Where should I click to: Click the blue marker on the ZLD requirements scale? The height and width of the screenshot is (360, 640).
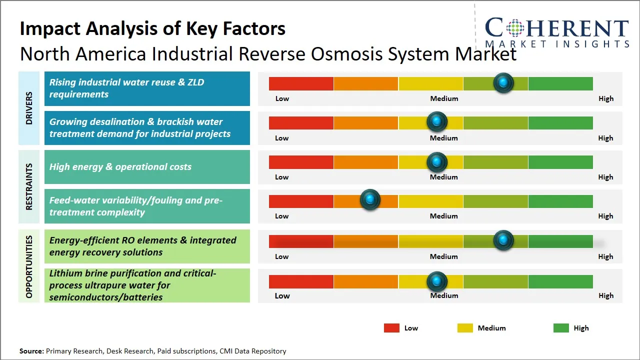tap(503, 83)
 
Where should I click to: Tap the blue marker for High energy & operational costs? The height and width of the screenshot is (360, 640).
tap(437, 162)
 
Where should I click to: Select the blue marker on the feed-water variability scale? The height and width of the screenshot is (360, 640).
tap(370, 200)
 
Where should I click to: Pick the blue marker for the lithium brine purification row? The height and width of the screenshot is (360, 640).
tap(437, 281)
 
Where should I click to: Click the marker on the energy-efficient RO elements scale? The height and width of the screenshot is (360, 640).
tap(503, 240)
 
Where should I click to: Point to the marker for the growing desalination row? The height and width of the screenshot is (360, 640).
tap(437, 121)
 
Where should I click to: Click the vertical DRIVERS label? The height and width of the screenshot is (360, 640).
tap(29, 108)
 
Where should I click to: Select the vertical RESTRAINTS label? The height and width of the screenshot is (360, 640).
tap(29, 186)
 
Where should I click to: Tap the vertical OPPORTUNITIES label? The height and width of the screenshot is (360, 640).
tap(29, 266)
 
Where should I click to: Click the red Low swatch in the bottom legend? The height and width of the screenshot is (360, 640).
tap(391, 328)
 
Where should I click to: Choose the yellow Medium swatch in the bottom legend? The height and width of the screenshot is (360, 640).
tap(465, 328)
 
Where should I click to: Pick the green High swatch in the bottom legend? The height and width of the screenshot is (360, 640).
tap(561, 328)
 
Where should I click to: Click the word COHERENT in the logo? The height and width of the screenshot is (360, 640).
tap(556, 28)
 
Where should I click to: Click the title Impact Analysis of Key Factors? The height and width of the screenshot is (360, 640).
tap(152, 28)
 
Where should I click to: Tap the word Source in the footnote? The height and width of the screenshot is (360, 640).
tap(31, 351)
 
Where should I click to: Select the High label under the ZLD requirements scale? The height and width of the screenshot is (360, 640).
tap(605, 98)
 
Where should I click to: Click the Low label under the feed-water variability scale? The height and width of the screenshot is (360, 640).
tap(281, 216)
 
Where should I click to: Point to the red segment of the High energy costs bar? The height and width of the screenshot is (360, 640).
tap(301, 162)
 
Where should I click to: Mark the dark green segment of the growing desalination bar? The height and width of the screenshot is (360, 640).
tap(560, 122)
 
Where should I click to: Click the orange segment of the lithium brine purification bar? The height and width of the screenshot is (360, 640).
tap(365, 281)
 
